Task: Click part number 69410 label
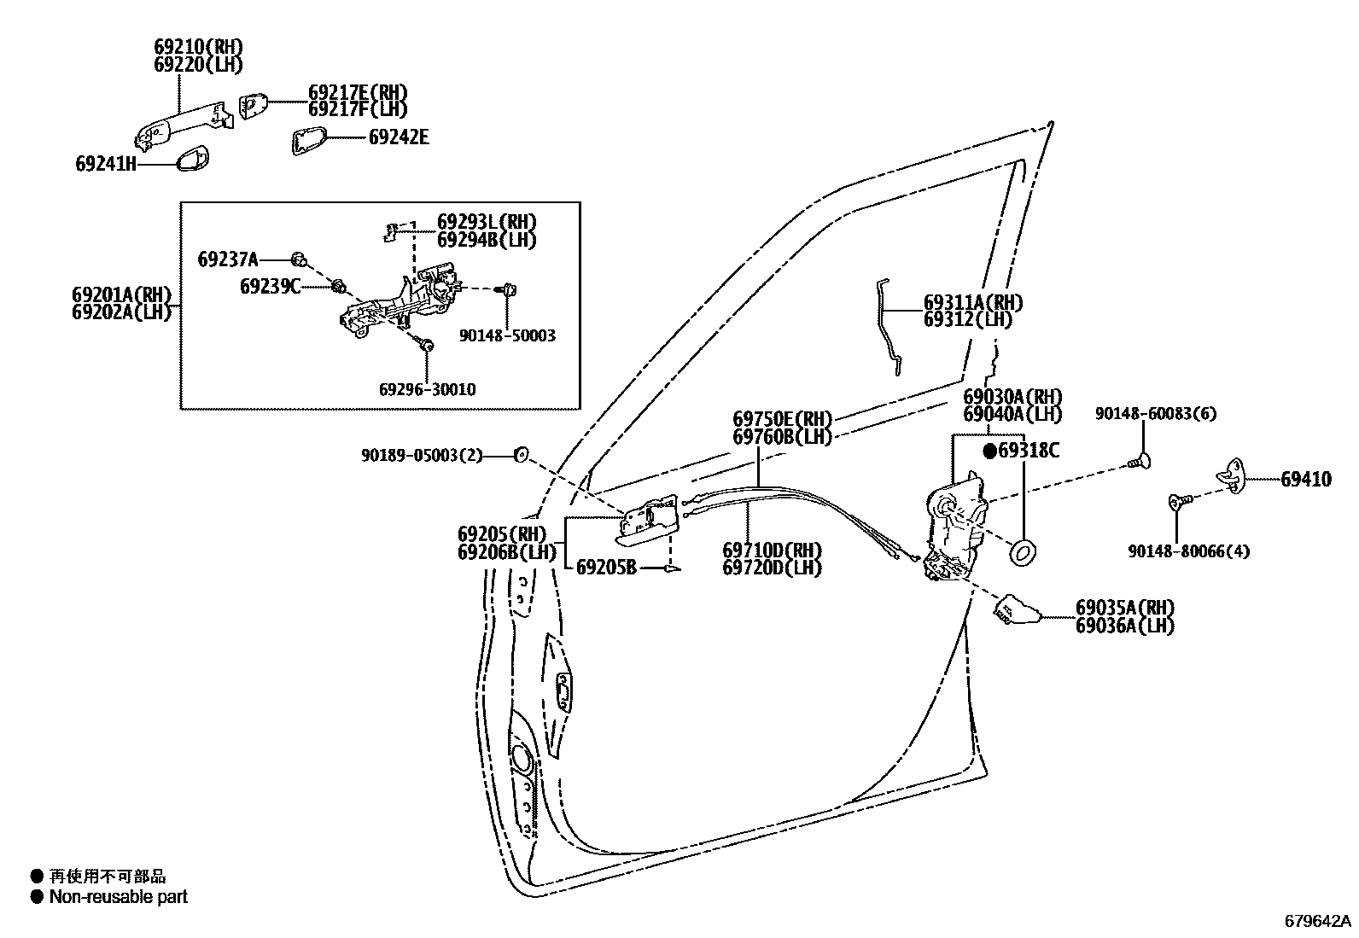pos(1305,480)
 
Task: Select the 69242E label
pos(399,137)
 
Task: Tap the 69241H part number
pos(106,164)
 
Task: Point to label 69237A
pos(227,259)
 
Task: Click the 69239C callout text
pos(270,286)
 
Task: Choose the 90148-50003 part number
pos(507,336)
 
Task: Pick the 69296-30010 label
pos(427,389)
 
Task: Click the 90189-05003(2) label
pos(422,456)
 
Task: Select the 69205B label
pos(606,567)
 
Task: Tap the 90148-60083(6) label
pos(1156,414)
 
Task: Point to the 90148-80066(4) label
pos(1188,551)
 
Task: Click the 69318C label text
pos(1029,451)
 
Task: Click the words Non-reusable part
pos(118,897)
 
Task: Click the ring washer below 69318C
pos(1023,554)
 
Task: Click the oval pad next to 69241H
pos(194,159)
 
